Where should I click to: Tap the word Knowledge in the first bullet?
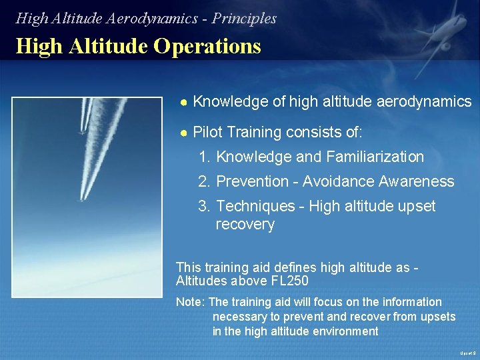[x=223, y=102]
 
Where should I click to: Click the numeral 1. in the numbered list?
[x=205, y=157]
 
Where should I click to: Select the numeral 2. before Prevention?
[x=205, y=182]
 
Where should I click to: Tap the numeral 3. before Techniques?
[x=205, y=207]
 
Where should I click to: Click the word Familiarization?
[x=375, y=157]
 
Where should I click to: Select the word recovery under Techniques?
[x=245, y=225]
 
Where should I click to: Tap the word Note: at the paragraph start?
[x=191, y=302]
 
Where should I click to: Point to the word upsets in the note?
[x=438, y=317]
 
